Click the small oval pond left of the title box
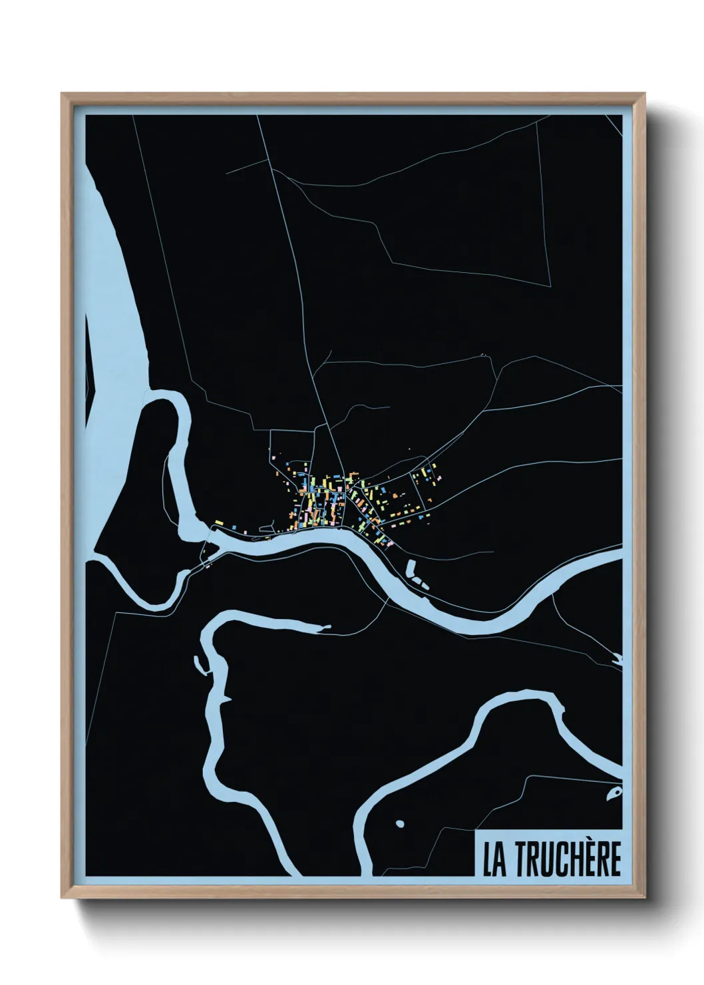[399, 824]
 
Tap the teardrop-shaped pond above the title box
[614, 792]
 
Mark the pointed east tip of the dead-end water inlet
[328, 626]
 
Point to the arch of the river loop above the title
[519, 702]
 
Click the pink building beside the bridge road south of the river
[208, 567]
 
